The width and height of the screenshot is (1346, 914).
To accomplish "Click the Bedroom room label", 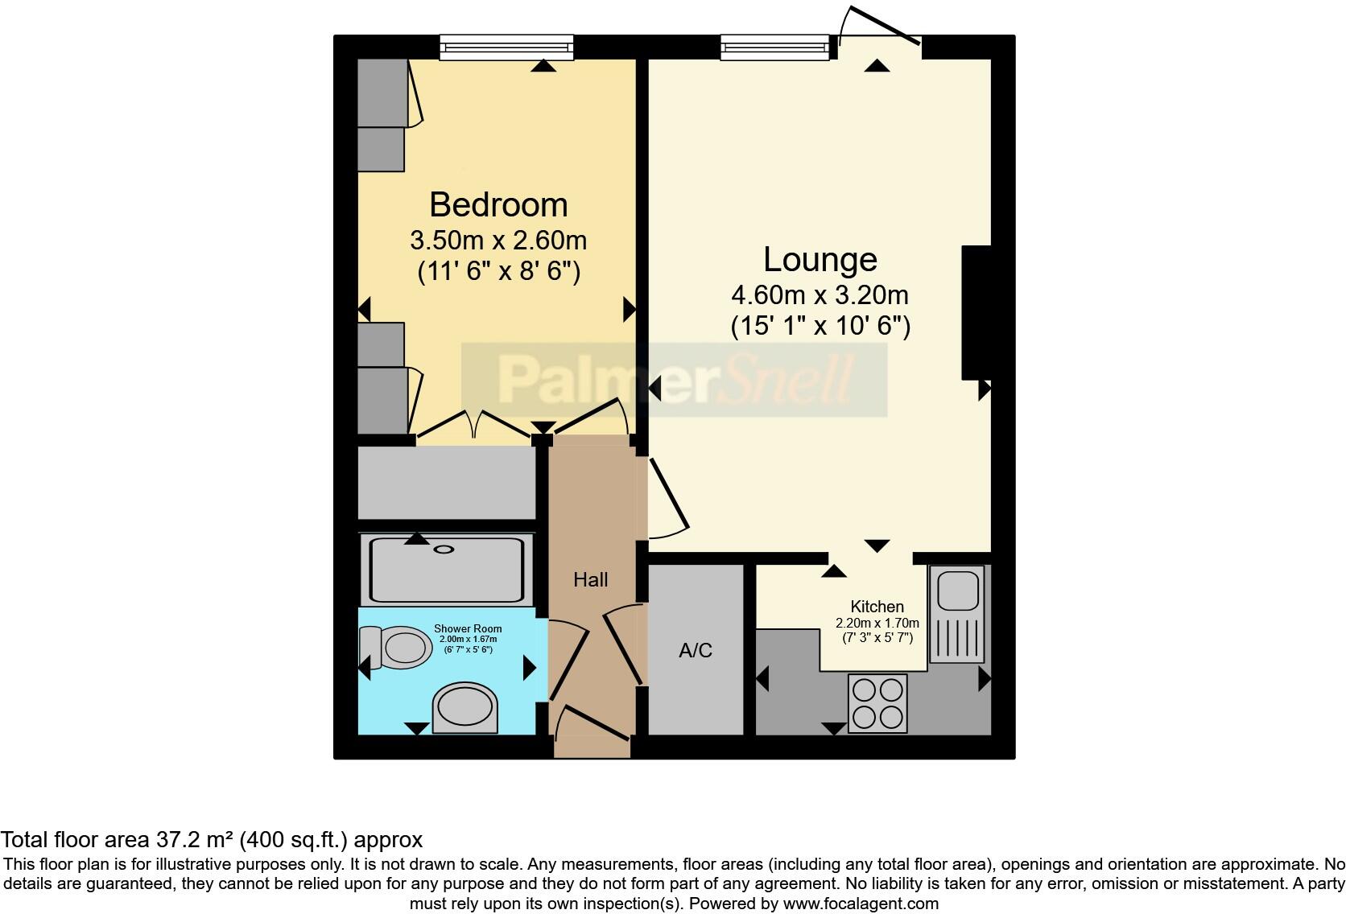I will pyautogui.click(x=498, y=205).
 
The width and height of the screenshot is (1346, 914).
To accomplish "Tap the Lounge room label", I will pyautogui.click(x=820, y=259).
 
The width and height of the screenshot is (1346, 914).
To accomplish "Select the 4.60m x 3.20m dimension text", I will pyautogui.click(x=820, y=294).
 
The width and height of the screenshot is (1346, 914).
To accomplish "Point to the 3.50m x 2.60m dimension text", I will pyautogui.click(x=498, y=240).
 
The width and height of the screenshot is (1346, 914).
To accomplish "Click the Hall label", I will pyautogui.click(x=590, y=579).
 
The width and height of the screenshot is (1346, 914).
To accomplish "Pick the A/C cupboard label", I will pyautogui.click(x=696, y=650).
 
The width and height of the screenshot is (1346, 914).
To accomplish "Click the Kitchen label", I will pyautogui.click(x=877, y=607).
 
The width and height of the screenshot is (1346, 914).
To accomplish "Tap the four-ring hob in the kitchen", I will pyautogui.click(x=877, y=703).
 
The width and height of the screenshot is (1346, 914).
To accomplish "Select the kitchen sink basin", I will pyautogui.click(x=956, y=591).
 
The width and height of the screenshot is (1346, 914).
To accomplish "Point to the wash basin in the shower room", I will pyautogui.click(x=464, y=708).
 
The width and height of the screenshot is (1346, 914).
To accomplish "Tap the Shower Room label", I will pyautogui.click(x=468, y=629).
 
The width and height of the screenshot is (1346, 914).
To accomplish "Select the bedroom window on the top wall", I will pyautogui.click(x=506, y=47).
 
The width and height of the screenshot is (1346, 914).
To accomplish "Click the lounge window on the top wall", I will pyautogui.click(x=774, y=47).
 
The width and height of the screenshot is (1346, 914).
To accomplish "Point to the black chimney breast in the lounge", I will pyautogui.click(x=976, y=312).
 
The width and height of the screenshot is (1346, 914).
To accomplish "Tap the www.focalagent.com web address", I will pyautogui.click(x=860, y=904).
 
